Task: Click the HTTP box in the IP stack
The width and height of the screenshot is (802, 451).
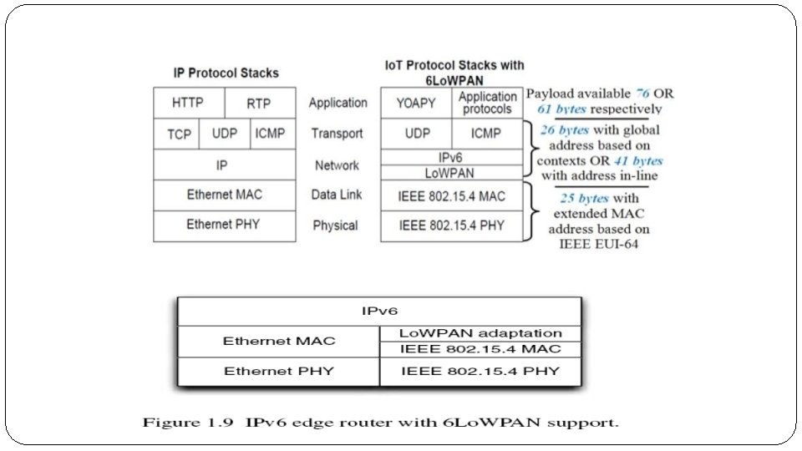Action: pos(188,104)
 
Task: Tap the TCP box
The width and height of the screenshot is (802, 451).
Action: pos(179,134)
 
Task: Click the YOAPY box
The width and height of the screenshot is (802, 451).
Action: pos(416,104)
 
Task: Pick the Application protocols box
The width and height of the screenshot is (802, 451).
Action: pos(488,103)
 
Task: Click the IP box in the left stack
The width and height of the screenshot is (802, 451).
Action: pos(222,165)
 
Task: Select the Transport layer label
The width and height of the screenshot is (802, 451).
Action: pos(337,134)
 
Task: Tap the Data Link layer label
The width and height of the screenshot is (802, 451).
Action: pos(337,195)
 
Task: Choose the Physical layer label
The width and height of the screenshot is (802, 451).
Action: pos(336,225)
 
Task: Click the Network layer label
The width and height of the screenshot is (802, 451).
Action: pos(337,165)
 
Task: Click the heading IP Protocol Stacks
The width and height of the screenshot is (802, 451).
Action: pos(226,73)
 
